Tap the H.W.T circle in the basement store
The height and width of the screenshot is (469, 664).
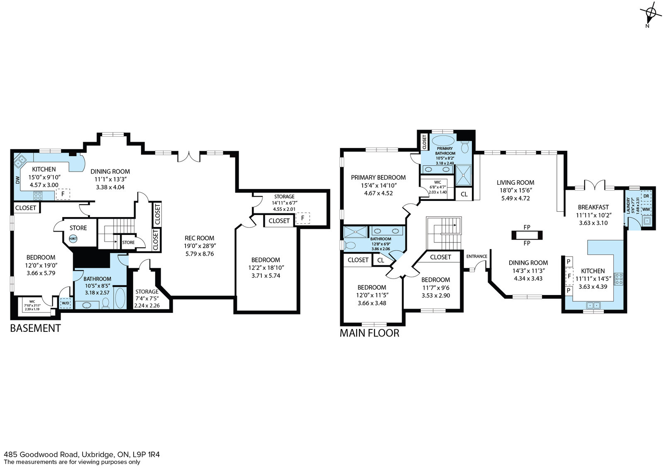click(x=73, y=239)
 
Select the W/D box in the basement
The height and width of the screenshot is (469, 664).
click(x=66, y=303)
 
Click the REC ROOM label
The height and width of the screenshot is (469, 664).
click(x=199, y=238)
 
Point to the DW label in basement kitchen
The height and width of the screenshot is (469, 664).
click(x=17, y=180)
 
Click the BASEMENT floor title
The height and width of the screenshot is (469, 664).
click(x=35, y=329)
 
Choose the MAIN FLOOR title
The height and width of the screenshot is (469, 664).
click(x=369, y=333)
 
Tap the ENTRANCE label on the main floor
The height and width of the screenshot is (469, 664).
click(x=477, y=256)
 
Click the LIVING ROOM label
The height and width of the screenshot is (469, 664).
click(x=515, y=183)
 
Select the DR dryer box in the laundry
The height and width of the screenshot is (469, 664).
click(x=646, y=196)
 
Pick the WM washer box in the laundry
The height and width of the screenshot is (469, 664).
click(x=646, y=209)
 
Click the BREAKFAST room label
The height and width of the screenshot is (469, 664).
click(x=593, y=207)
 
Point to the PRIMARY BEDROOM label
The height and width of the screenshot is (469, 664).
click(x=378, y=178)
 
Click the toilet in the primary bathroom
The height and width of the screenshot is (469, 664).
click(x=465, y=147)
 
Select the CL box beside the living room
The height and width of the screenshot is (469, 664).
click(x=464, y=194)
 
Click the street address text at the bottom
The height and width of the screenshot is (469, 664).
click(x=82, y=454)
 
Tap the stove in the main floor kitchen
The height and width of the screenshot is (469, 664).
click(x=618, y=279)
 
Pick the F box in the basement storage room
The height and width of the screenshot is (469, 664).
click(x=303, y=218)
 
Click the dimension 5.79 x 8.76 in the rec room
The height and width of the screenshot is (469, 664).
click(x=200, y=254)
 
